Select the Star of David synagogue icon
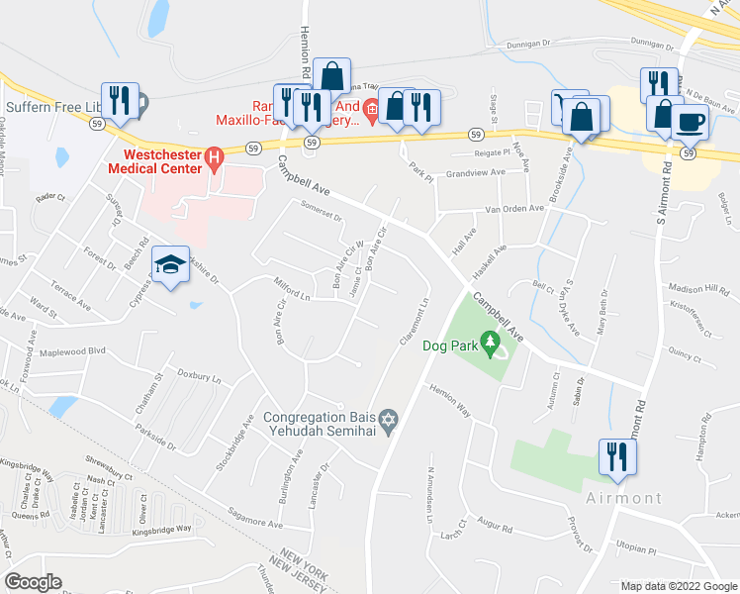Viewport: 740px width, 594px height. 389,423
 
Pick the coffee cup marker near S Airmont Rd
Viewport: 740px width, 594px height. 690,122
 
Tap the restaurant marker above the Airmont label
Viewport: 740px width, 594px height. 617,457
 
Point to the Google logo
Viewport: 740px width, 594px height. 34,582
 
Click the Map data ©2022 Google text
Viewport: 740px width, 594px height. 680,586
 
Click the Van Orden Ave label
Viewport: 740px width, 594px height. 514,209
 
